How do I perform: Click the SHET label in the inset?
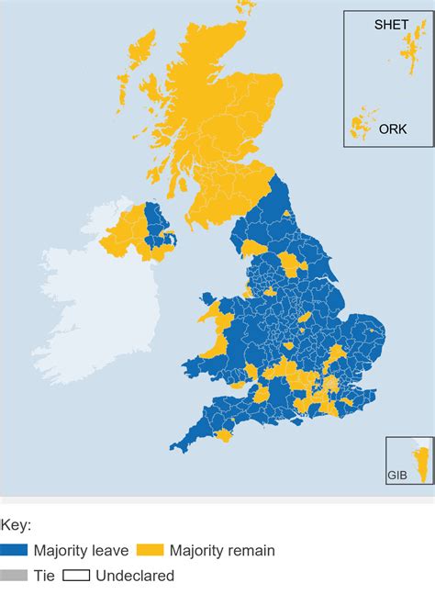[391, 25]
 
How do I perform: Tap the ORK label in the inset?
[393, 129]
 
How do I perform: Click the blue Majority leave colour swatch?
[14, 551]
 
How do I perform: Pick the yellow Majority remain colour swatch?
[150, 551]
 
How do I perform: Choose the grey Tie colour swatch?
[14, 576]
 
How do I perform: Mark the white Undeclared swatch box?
[75, 576]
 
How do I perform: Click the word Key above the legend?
[16, 526]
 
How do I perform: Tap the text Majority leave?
[79, 551]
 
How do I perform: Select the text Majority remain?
[220, 551]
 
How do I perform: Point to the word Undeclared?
[134, 576]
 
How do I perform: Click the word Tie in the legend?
[44, 576]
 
